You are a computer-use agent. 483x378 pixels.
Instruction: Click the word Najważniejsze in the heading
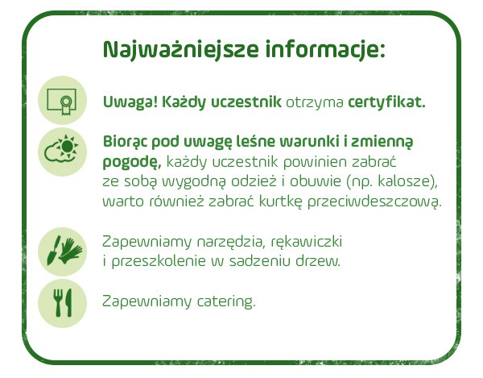180,49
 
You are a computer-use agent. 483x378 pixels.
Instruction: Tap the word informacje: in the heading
325,49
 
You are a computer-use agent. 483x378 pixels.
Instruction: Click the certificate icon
62,100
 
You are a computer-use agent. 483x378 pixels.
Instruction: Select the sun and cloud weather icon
62,152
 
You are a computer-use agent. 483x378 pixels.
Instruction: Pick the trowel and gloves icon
62,251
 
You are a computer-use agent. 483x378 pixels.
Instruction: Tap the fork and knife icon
62,303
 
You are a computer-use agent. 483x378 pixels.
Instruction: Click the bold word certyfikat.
386,102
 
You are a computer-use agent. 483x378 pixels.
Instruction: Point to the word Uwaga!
130,102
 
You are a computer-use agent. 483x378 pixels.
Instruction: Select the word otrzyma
315,102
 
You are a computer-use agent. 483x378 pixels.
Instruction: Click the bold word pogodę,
132,162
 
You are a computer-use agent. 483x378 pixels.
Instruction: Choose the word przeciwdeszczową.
374,201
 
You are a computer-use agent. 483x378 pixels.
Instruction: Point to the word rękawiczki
307,242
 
